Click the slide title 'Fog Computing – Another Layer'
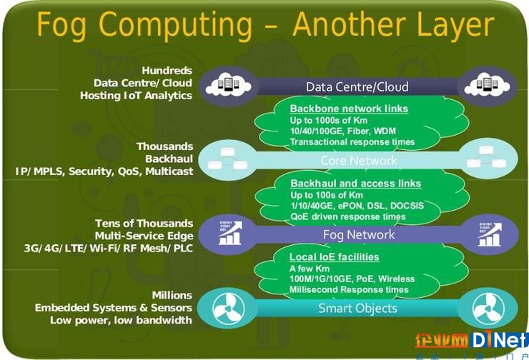click(x=265, y=25)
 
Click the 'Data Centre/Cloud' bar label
click(x=357, y=87)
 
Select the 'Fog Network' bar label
click(x=359, y=234)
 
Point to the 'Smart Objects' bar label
click(x=357, y=309)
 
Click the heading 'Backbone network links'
click(x=349, y=109)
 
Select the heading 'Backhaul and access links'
click(x=355, y=184)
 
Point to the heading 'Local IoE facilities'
click(x=334, y=257)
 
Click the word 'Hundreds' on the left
click(x=167, y=71)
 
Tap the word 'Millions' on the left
click(x=172, y=295)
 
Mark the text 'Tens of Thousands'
click(x=144, y=224)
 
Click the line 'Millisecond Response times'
click(x=349, y=289)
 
